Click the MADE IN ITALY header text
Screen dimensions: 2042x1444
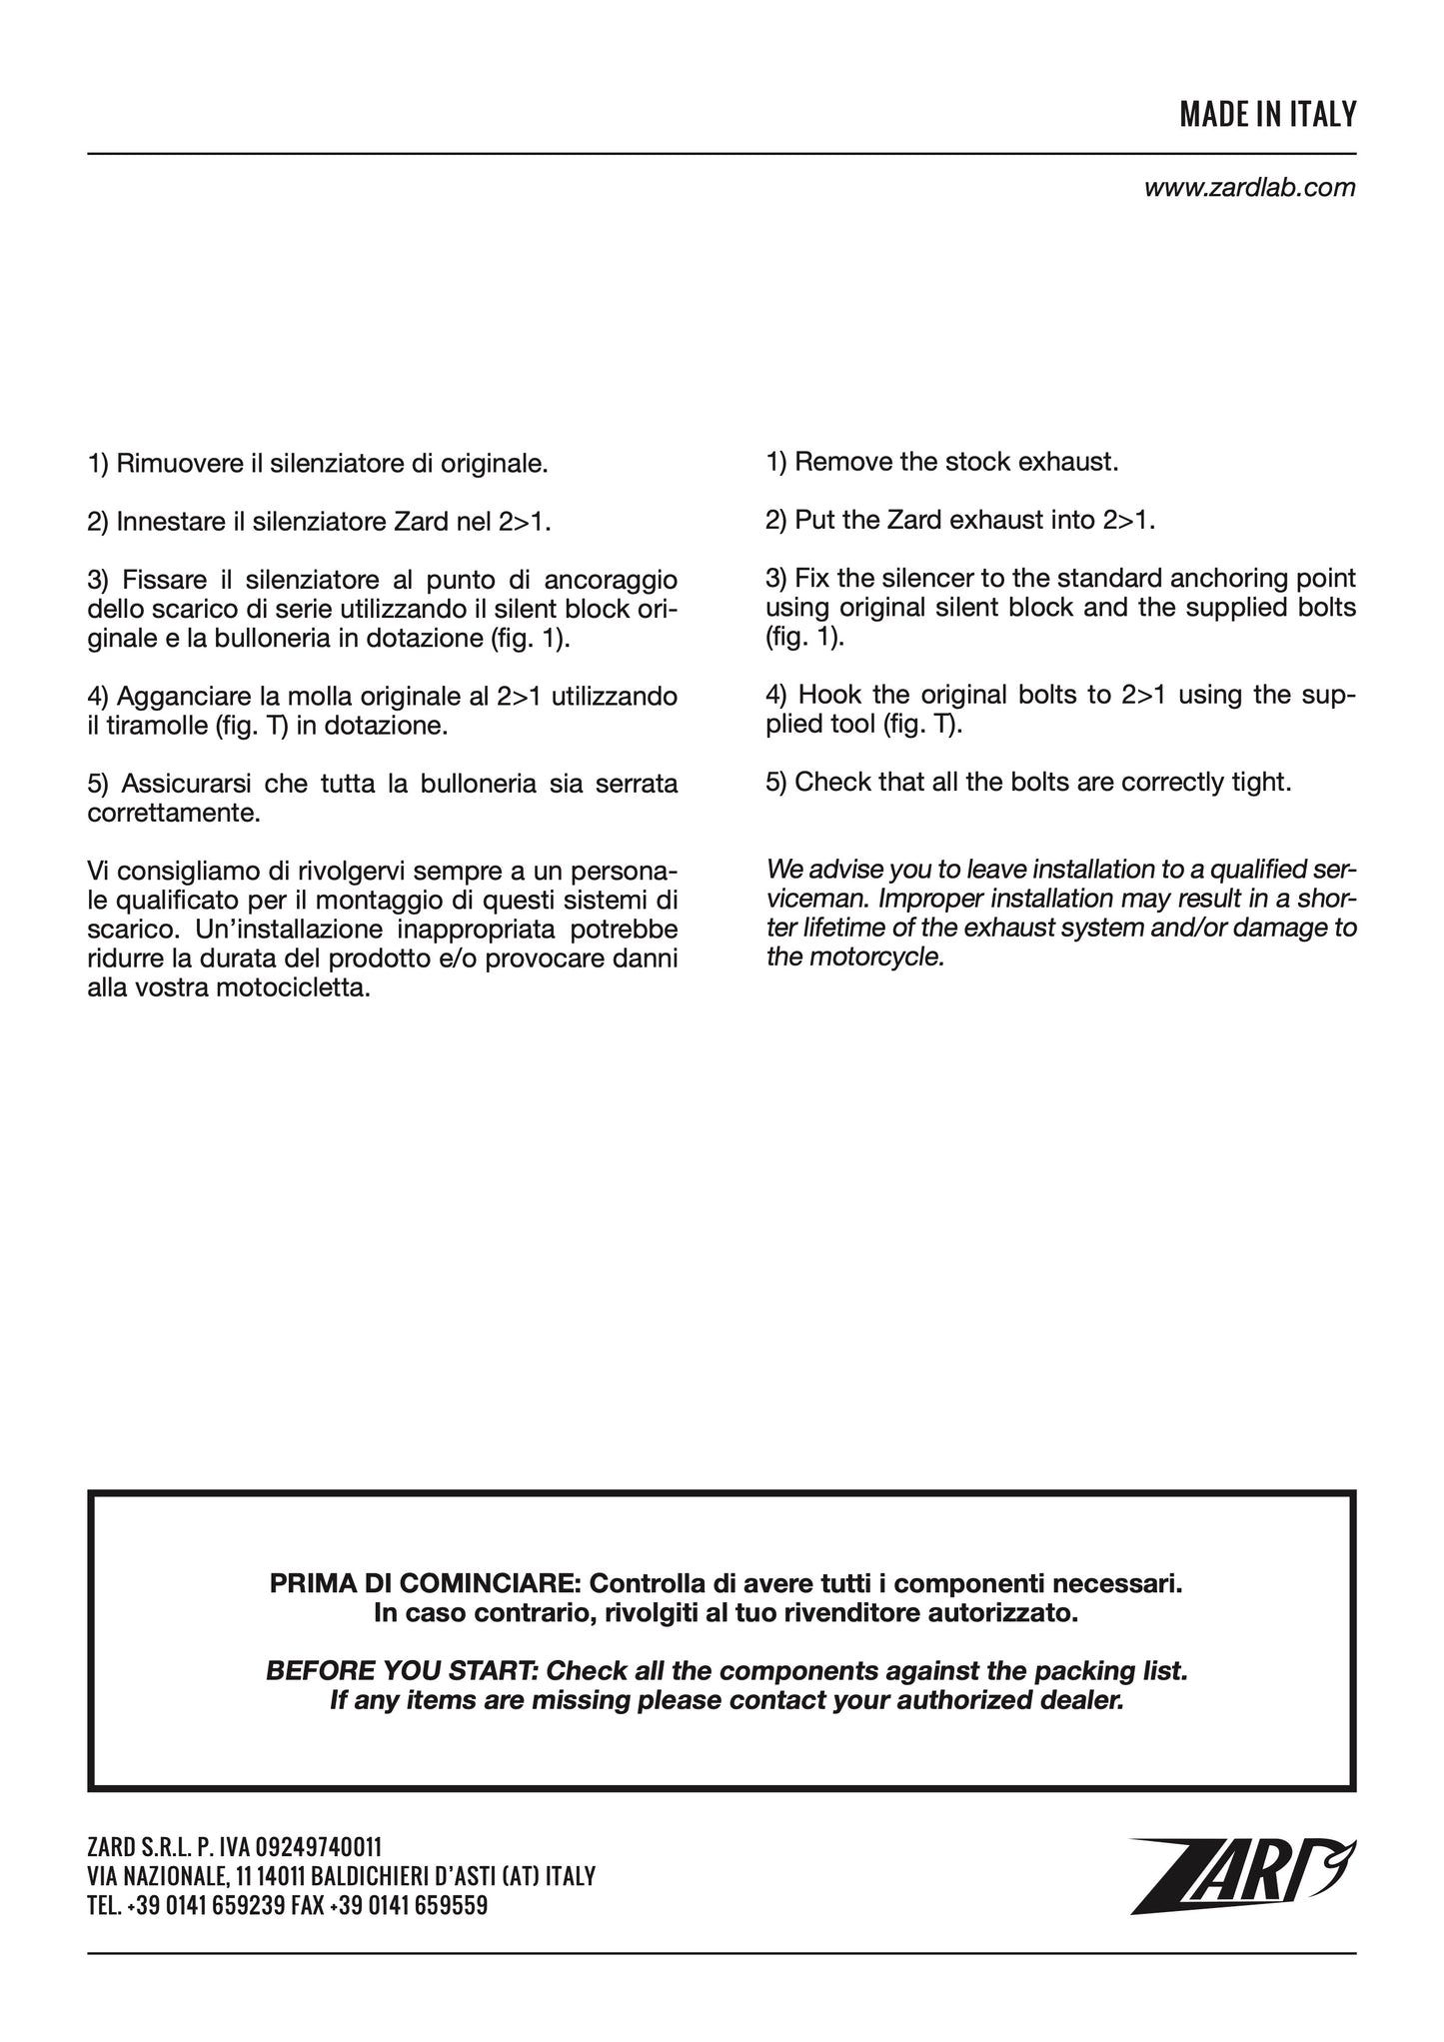click(1267, 115)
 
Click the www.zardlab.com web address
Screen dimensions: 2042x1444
click(1249, 188)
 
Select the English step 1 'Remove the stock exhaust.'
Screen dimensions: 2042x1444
click(941, 463)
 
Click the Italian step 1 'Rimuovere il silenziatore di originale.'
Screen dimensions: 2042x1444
click(318, 464)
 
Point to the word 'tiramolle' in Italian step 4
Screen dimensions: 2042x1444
click(148, 725)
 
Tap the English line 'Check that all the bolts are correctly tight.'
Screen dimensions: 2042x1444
click(1028, 782)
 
